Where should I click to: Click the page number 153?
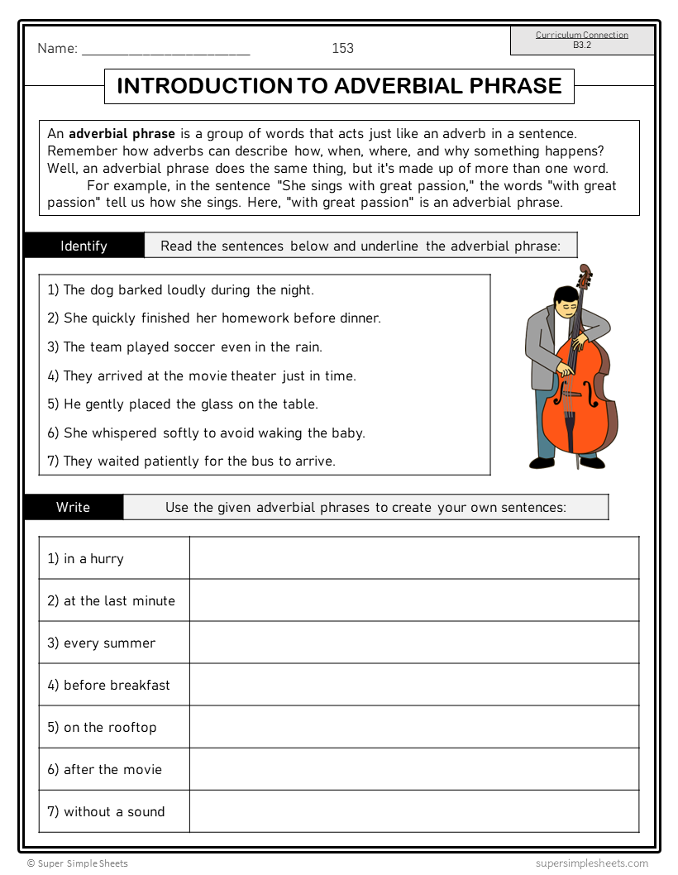click(x=342, y=48)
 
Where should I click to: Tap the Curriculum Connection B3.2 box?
click(x=582, y=41)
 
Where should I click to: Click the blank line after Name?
click(x=165, y=50)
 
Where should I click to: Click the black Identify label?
click(x=84, y=246)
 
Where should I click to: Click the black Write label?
click(x=73, y=507)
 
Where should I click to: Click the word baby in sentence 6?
click(x=347, y=433)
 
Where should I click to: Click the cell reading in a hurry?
click(x=114, y=558)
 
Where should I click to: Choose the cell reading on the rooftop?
click(x=114, y=727)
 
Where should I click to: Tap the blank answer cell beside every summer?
click(x=413, y=643)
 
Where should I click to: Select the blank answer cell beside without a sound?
click(x=413, y=811)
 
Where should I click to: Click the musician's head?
click(x=564, y=300)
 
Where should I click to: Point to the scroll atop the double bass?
click(x=585, y=274)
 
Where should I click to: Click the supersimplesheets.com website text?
click(x=591, y=863)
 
